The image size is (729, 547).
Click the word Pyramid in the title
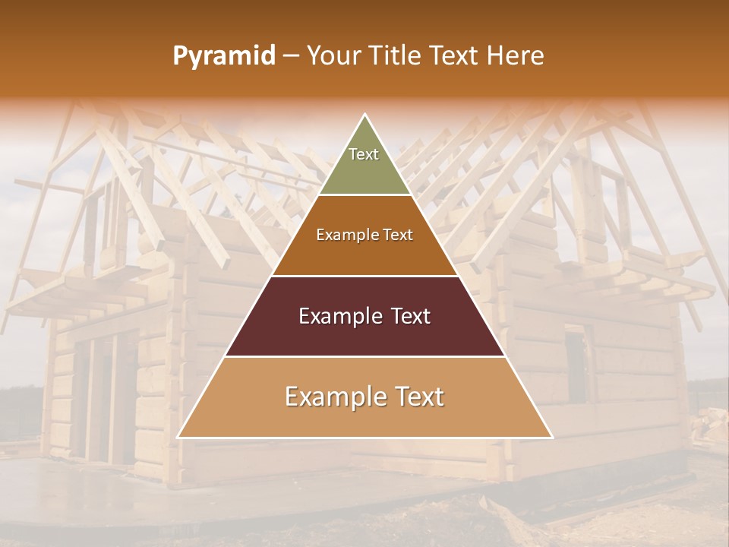click(224, 56)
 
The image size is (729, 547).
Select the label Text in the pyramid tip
click(364, 154)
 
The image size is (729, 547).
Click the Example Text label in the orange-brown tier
click(364, 235)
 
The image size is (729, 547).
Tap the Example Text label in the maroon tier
click(364, 316)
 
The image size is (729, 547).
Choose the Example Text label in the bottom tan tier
click(364, 397)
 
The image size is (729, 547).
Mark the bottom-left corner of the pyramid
click(178, 438)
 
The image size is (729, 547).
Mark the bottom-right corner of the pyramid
click(552, 438)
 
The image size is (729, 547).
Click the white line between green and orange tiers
click(364, 195)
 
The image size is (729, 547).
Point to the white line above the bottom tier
click(364, 357)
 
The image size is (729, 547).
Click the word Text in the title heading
click(455, 56)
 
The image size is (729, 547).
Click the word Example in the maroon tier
click(334, 316)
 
